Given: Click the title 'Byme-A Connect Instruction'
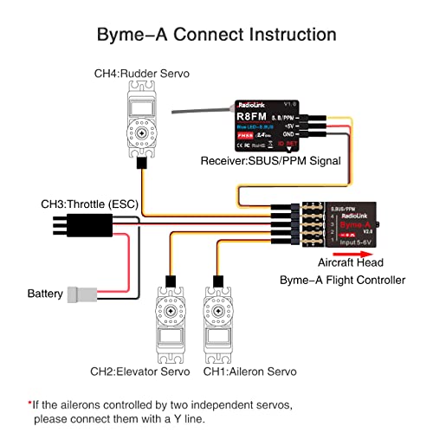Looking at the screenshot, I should coord(216,35).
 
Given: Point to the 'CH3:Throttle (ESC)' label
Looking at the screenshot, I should coord(92,204).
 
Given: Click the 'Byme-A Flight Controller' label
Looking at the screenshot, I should coord(342,280).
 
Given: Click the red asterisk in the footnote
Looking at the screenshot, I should coord(29,404).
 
